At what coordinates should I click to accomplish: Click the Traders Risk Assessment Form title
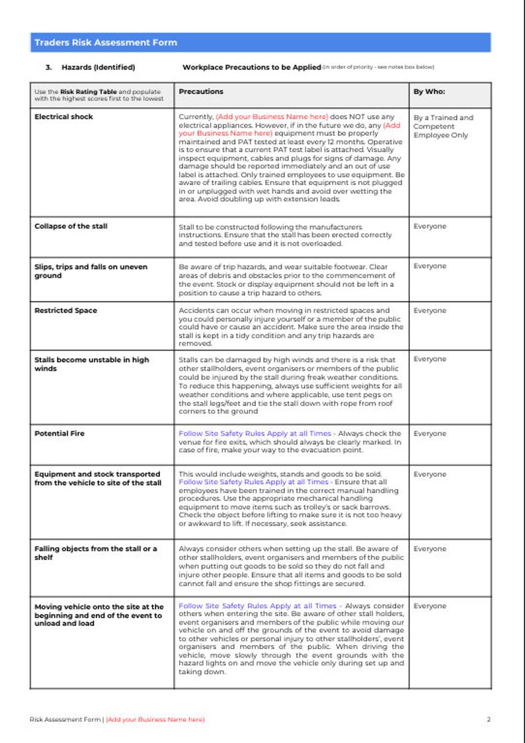106,42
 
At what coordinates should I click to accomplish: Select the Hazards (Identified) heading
98,67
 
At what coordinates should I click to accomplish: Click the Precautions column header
201,91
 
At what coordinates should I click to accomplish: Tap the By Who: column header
429,91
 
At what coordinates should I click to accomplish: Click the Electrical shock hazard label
63,116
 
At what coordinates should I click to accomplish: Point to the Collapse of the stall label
70,226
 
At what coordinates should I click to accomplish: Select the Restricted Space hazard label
65,310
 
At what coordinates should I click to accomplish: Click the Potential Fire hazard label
60,434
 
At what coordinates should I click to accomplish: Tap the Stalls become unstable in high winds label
91,364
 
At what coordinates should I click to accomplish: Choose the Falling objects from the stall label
95,553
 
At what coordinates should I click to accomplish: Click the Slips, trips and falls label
91,271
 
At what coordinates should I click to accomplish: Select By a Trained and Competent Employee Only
443,126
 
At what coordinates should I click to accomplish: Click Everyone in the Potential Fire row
430,434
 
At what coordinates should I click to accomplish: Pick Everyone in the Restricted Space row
430,310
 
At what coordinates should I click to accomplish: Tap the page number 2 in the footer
489,719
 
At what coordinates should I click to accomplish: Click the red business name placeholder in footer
155,719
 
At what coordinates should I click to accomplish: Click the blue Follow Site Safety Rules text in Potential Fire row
255,434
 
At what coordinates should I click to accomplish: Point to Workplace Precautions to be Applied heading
251,67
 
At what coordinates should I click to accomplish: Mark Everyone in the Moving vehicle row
430,606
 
